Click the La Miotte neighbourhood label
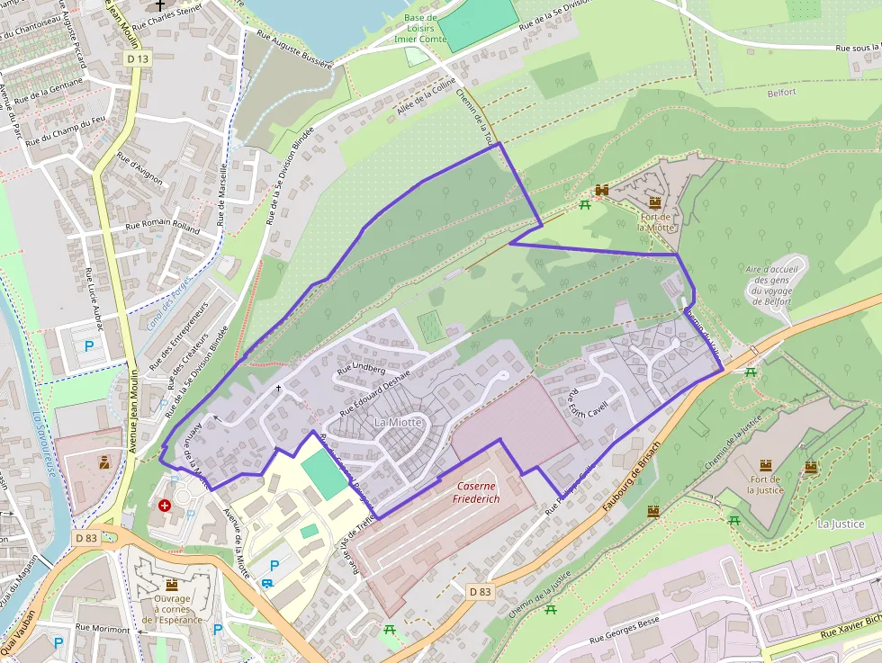click(x=397, y=422)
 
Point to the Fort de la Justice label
click(x=766, y=485)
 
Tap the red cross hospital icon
click(x=164, y=506)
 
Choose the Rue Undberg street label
click(x=361, y=369)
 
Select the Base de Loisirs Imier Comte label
click(x=419, y=28)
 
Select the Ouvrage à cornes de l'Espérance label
click(x=171, y=609)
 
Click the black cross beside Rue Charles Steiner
click(x=160, y=4)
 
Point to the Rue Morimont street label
click(x=103, y=630)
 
